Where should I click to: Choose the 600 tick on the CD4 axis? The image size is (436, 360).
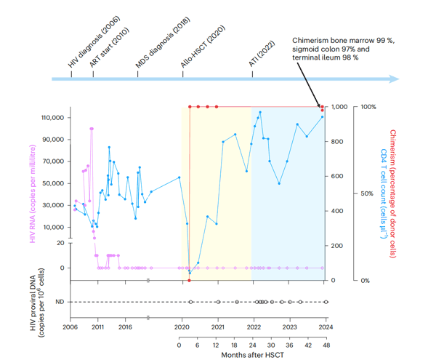pos(339,176)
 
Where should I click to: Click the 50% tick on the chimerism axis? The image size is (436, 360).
pos(368,193)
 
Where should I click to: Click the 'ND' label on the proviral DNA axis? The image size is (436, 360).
pos(60,302)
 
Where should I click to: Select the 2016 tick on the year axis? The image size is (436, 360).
pos(124,328)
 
